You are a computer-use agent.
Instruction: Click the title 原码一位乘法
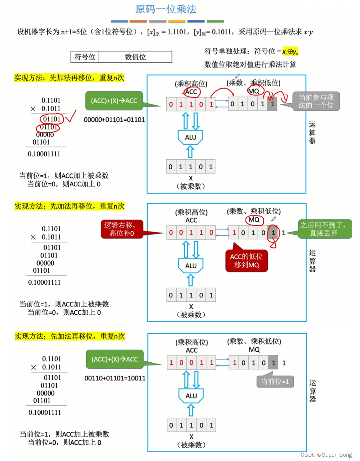166,9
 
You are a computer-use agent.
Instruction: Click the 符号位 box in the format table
85,57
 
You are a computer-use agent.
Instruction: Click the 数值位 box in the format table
135,57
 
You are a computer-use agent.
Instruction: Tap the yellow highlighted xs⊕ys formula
290,52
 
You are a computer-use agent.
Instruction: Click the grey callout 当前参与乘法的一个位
316,101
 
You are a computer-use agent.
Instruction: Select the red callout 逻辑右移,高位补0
122,229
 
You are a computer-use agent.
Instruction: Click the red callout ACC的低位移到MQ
247,261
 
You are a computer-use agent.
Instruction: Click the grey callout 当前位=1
275,382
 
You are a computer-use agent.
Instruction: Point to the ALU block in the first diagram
190,137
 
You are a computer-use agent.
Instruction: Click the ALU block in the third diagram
191,396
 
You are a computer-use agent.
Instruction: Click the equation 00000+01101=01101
114,120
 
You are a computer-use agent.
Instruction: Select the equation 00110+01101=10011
115,378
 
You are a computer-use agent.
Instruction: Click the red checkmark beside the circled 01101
70,116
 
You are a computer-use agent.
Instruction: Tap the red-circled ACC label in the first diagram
191,92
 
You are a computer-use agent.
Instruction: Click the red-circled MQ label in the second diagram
254,220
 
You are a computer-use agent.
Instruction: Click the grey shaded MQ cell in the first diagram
272,104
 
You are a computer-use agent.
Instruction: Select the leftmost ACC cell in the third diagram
171,363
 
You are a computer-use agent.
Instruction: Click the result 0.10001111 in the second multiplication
44,283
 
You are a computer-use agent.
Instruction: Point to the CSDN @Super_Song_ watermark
327,455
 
